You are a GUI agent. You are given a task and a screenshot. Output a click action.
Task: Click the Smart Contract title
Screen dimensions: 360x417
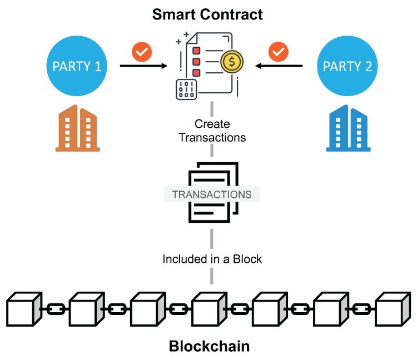(x=208, y=14)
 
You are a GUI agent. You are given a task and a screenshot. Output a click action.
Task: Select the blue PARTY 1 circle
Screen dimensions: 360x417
(x=77, y=67)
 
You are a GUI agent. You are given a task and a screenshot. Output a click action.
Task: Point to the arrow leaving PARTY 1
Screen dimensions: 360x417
(x=143, y=67)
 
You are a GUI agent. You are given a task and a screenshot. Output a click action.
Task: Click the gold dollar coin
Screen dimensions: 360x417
(x=230, y=61)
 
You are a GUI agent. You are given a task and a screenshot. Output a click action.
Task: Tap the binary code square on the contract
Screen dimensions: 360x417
(x=186, y=89)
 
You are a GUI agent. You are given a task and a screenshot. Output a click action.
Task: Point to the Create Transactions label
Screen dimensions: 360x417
(x=212, y=131)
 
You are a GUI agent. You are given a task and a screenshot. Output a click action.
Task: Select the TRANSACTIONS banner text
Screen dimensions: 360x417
(x=212, y=195)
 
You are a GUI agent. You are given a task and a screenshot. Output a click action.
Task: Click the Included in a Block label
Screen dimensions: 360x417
(x=212, y=259)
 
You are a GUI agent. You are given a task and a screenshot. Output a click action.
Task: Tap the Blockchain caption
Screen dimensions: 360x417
(x=209, y=347)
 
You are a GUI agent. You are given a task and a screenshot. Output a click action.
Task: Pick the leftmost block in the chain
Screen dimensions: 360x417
(x=24, y=307)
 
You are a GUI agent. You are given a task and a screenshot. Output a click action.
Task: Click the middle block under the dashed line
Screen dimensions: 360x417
(x=209, y=307)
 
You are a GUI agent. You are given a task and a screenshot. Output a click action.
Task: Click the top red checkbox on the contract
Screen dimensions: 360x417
(x=196, y=51)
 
